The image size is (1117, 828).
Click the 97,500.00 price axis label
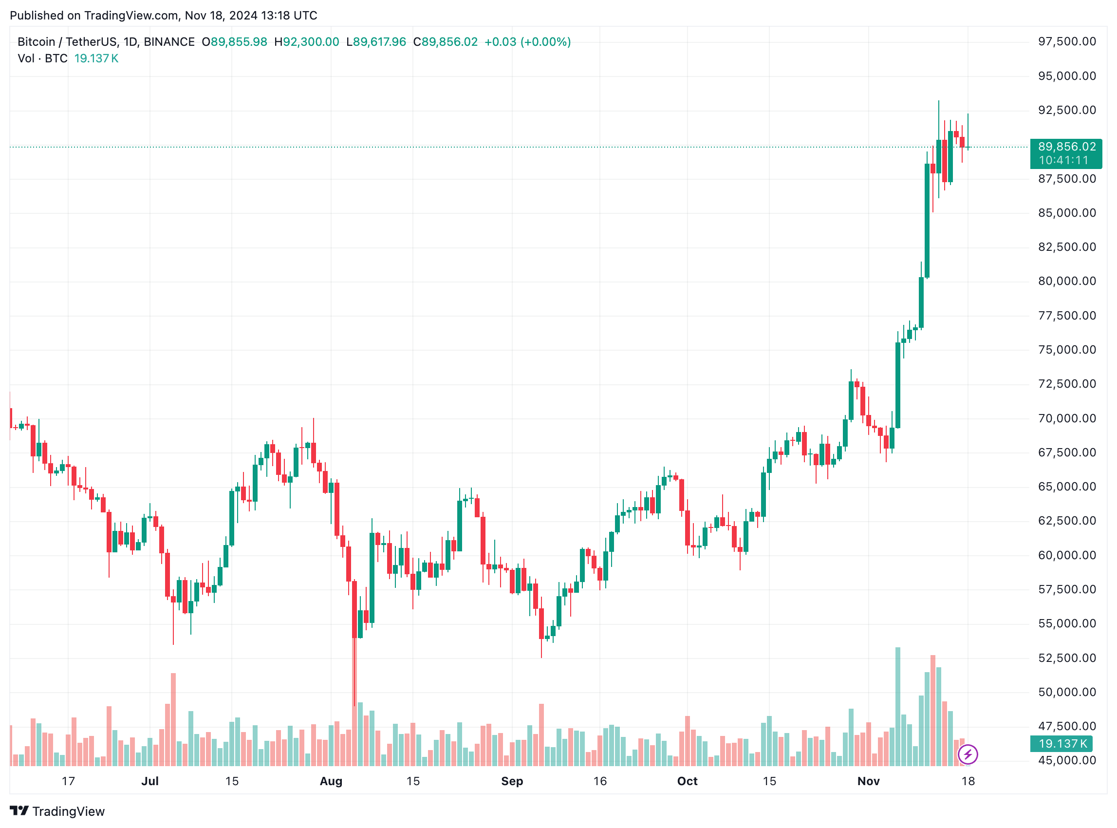pyautogui.click(x=1066, y=41)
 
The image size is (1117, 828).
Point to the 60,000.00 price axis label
pyautogui.click(x=1066, y=555)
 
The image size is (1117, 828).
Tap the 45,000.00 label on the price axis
pyautogui.click(x=1066, y=760)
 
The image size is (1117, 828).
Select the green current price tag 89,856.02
pyautogui.click(x=1065, y=148)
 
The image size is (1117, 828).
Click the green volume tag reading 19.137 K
pyautogui.click(x=1061, y=744)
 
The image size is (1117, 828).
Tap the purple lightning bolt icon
pyautogui.click(x=967, y=754)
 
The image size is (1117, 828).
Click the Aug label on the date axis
pyautogui.click(x=331, y=781)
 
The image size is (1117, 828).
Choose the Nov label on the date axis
pyautogui.click(x=869, y=781)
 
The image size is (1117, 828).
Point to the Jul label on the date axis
pyautogui.click(x=150, y=781)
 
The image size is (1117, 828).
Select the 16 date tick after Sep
pyautogui.click(x=600, y=781)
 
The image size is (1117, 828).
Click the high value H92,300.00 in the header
pyautogui.click(x=307, y=42)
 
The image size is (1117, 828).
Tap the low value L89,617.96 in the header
pyautogui.click(x=376, y=42)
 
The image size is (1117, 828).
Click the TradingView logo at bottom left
pyautogui.click(x=57, y=811)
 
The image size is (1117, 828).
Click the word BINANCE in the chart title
pyautogui.click(x=169, y=42)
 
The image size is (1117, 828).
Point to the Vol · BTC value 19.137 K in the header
pyautogui.click(x=96, y=58)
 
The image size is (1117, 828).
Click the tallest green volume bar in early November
pyautogui.click(x=897, y=707)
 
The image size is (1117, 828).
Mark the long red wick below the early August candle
pyautogui.click(x=354, y=672)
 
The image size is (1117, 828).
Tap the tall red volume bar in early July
pyautogui.click(x=173, y=719)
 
